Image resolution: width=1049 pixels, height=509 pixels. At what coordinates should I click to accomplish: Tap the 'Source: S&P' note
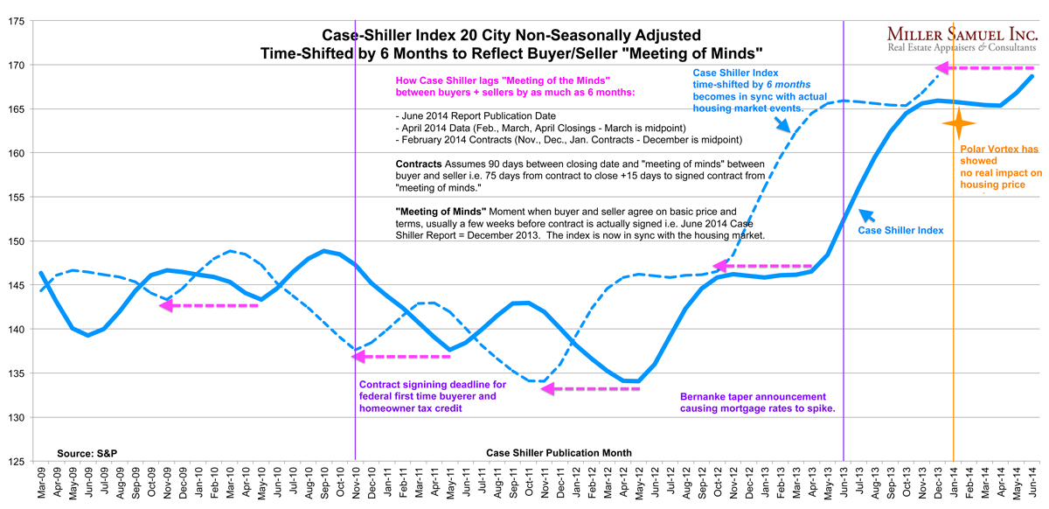coord(87,453)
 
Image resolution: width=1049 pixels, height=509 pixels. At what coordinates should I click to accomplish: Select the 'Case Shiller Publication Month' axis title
coord(558,453)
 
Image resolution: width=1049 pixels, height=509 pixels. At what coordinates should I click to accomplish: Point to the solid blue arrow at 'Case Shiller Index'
coord(866,217)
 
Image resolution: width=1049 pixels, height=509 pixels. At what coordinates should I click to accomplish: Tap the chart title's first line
coord(511,36)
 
